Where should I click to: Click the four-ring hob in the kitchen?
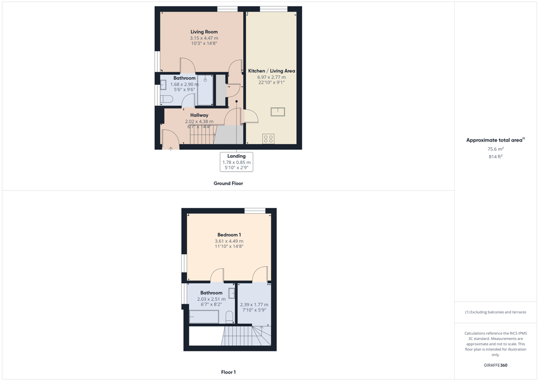[268, 139]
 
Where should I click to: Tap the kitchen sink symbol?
[278, 112]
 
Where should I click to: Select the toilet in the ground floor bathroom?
[166, 99]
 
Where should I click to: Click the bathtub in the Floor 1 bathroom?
[204, 316]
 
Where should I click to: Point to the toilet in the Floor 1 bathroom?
[229, 317]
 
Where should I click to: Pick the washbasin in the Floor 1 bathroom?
[232, 293]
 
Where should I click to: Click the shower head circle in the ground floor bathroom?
[205, 79]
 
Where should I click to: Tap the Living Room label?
[204, 32]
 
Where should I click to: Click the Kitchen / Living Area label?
[272, 71]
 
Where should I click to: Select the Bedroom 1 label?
[229, 235]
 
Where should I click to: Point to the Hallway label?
[199, 115]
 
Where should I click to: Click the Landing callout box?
[236, 162]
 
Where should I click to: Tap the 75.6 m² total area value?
[495, 149]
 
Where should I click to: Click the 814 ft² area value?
[495, 156]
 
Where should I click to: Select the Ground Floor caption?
[228, 183]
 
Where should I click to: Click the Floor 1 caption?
[228, 372]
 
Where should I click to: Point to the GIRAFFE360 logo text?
[495, 365]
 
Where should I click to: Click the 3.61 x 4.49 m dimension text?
[229, 241]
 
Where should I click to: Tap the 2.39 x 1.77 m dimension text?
[254, 304]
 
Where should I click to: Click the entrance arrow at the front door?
[171, 148]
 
